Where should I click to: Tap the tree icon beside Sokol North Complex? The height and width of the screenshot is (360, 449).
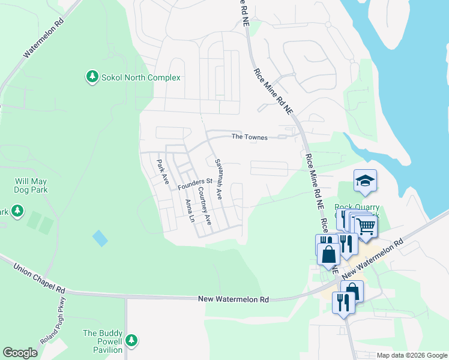pos(92,77)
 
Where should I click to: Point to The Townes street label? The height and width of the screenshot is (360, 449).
pos(250,137)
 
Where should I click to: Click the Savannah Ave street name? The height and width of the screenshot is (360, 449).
pos(218,179)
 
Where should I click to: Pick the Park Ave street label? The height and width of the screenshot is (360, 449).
pos(161,172)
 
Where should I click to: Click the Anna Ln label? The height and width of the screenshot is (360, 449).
pos(190,211)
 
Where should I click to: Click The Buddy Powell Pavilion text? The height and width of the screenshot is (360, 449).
pos(103,341)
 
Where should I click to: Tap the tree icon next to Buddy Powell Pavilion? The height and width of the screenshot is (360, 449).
pos(131,341)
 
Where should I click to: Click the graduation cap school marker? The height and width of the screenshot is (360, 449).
pos(364,181)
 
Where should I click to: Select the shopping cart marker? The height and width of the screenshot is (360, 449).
pos(366,227)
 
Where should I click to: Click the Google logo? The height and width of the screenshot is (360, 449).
pos(20,353)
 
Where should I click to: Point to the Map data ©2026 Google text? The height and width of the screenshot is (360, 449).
pos(411,355)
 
